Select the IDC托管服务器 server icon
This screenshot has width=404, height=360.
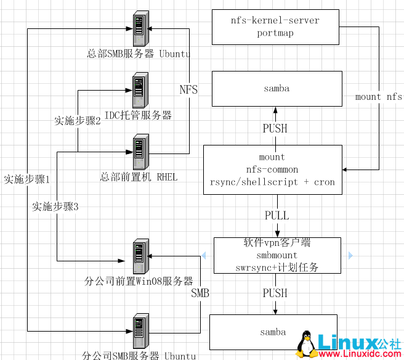coord(139,90)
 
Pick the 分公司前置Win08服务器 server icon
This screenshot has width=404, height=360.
coord(139,257)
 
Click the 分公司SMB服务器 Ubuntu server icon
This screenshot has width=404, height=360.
coord(139,332)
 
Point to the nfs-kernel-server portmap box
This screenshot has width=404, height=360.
coord(275,27)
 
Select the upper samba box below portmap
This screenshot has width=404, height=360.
coord(277,89)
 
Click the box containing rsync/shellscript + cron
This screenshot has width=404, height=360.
coord(272,170)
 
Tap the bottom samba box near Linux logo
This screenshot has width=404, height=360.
coord(273,332)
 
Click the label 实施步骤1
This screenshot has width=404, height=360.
coord(26,179)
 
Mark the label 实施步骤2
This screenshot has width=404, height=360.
coord(78,121)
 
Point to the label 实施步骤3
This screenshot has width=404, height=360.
coord(55,207)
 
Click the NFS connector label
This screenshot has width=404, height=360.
coord(188,90)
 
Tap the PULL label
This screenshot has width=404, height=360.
coord(277,216)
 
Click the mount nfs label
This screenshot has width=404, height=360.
coord(378,97)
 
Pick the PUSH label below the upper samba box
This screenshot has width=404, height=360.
coord(275,128)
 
